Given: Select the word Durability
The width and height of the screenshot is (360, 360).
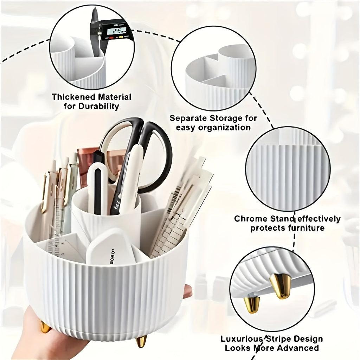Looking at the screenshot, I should (x=98, y=106).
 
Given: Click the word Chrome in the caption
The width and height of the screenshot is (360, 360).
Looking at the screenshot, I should (x=251, y=219).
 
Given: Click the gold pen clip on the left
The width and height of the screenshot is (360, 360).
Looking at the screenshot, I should (x=44, y=193).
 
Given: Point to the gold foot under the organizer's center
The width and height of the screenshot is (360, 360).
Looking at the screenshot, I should (x=141, y=341).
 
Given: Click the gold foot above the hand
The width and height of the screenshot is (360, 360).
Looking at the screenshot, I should (x=46, y=327).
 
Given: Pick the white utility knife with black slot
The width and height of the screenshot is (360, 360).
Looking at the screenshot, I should (x=97, y=190).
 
